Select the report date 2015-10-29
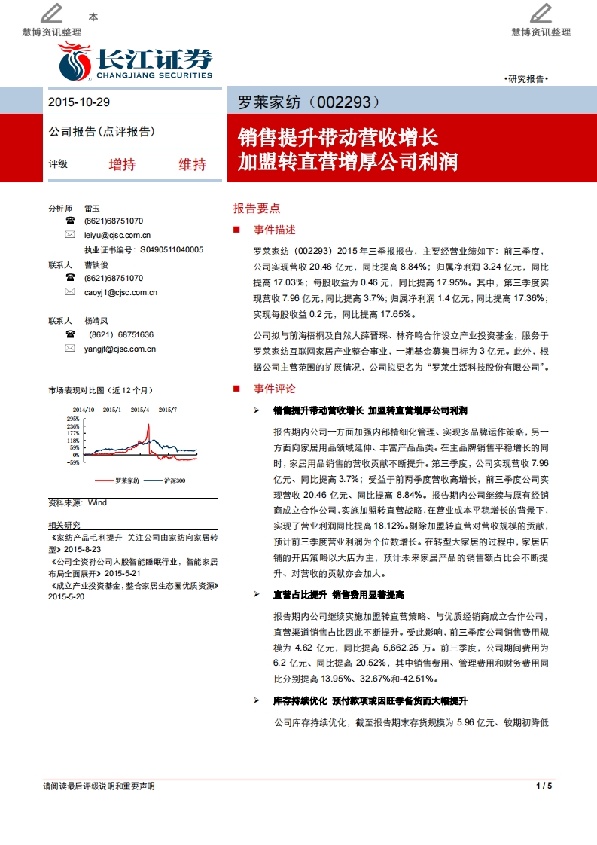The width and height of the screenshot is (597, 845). (79, 102)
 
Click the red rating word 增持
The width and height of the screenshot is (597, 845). (122, 164)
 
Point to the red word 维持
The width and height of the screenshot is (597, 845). (192, 164)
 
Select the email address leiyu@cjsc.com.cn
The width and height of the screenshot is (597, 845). (117, 236)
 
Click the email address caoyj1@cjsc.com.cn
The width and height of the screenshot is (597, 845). (120, 291)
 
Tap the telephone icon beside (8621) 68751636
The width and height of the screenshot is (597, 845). (70, 334)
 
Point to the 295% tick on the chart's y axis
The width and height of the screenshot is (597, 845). (73, 419)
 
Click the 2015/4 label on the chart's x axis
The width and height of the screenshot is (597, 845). (140, 410)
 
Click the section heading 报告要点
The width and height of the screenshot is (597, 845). (256, 208)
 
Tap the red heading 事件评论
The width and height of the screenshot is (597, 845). (275, 389)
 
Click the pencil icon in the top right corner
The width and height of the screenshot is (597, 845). (541, 13)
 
